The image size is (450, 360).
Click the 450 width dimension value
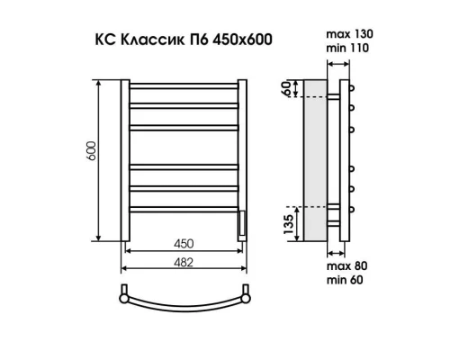[x=184, y=244]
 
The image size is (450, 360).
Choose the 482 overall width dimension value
[x=184, y=261]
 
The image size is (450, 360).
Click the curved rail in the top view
[x=184, y=300]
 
